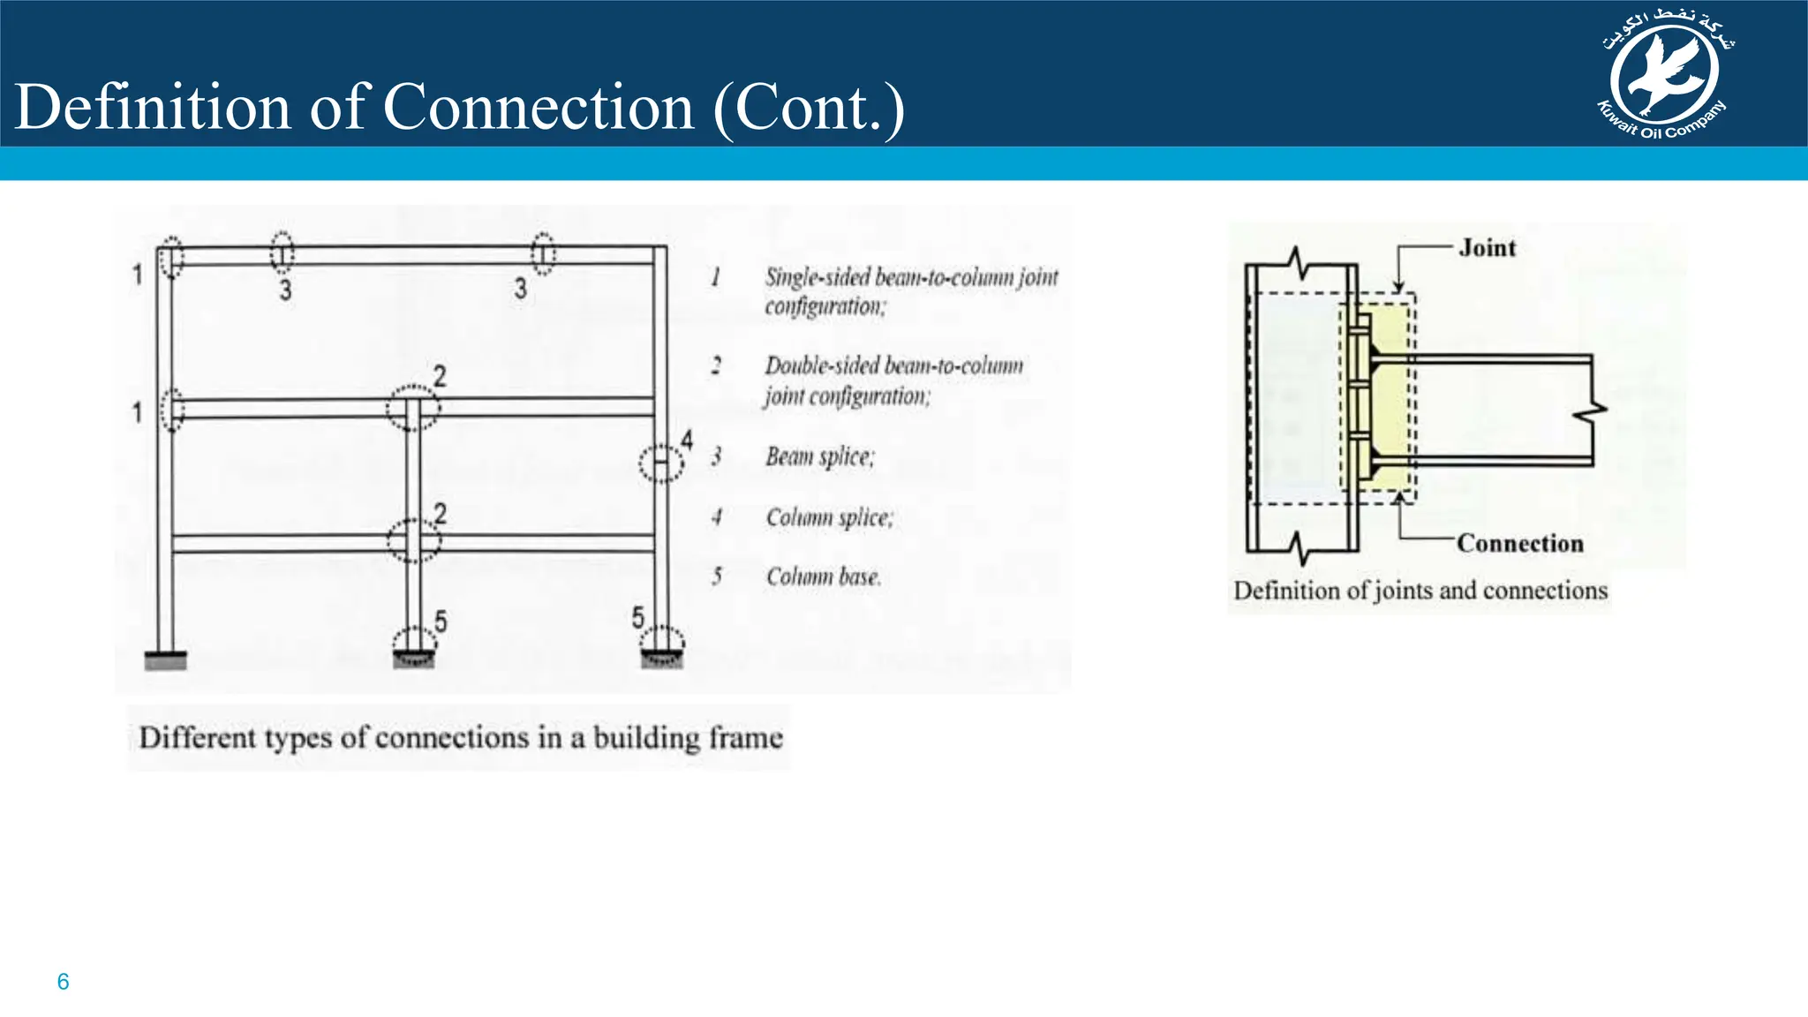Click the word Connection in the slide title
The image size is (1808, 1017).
[539, 108]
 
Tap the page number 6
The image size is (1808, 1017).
[63, 981]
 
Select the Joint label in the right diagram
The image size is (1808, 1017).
[1487, 248]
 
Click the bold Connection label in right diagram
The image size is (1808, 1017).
[1519, 543]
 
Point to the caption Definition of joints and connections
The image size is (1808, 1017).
[1420, 590]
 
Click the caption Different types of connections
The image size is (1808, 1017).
[460, 737]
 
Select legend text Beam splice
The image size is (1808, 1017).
[819, 456]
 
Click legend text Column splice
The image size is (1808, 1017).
[829, 516]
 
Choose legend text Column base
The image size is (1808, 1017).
[823, 576]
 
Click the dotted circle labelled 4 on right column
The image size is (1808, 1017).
[660, 463]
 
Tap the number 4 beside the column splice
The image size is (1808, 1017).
[687, 439]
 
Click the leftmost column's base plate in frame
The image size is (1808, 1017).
[165, 659]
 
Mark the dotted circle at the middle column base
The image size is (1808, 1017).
[413, 644]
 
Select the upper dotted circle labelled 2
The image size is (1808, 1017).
[412, 408]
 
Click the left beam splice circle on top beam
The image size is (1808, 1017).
[282, 253]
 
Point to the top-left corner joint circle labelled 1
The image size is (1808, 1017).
[172, 258]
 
